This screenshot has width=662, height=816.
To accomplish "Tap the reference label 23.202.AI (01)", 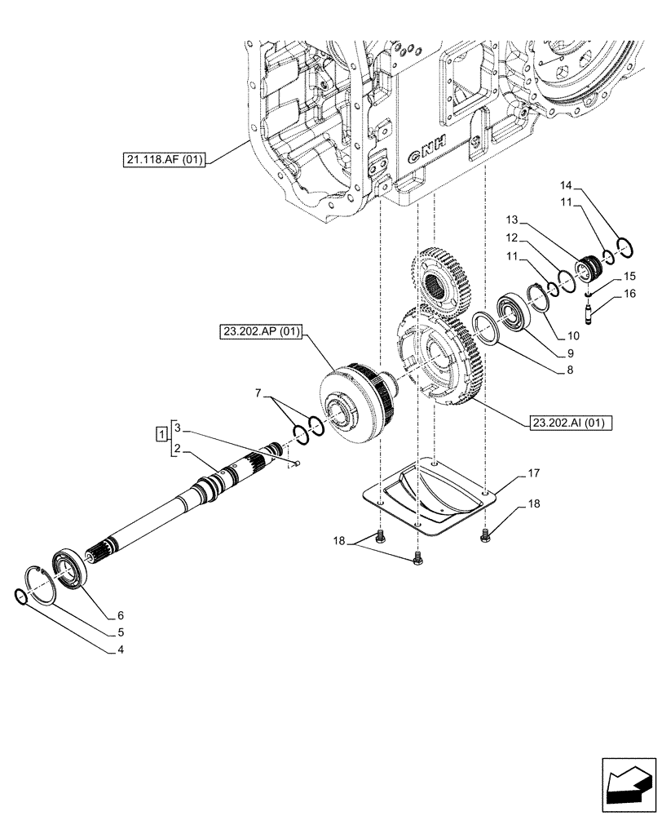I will click(570, 423).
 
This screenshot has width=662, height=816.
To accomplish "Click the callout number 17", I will click(532, 472).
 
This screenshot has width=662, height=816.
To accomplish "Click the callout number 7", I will click(258, 394).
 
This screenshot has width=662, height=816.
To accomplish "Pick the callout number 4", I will click(120, 650).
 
